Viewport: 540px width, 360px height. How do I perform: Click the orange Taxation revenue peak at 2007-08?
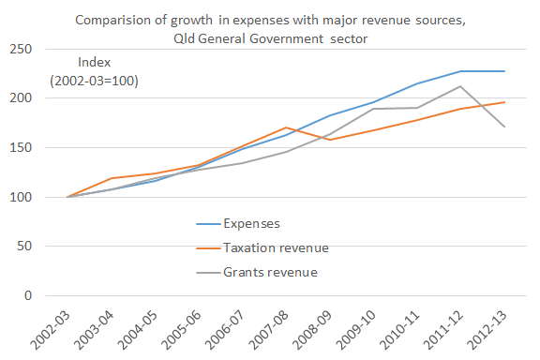[x=312, y=127]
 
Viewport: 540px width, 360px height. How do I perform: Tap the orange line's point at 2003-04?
[x=112, y=178]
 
